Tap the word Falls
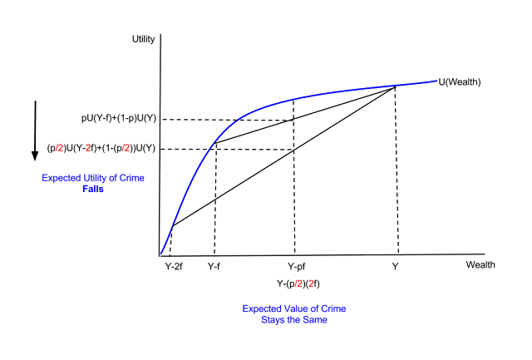pos(93,190)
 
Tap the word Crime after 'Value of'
pos(334,308)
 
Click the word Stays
pos(273,320)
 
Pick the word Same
pos(315,320)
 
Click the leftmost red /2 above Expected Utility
pos(59,148)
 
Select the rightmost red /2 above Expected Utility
pos(126,148)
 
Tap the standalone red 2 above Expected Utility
pos(88,148)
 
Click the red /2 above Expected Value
pos(298,284)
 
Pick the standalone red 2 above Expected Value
pos(311,284)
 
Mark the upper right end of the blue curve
pos(438,81)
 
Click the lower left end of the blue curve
pos(161,253)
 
